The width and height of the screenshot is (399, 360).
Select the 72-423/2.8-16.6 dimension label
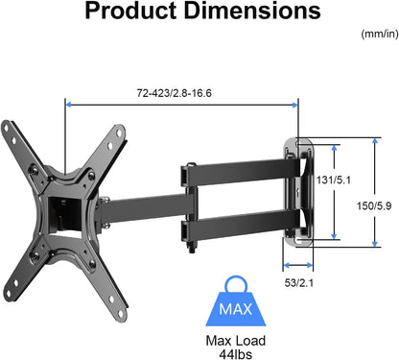click(183, 92)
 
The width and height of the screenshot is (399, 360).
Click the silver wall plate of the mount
click(299, 192)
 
